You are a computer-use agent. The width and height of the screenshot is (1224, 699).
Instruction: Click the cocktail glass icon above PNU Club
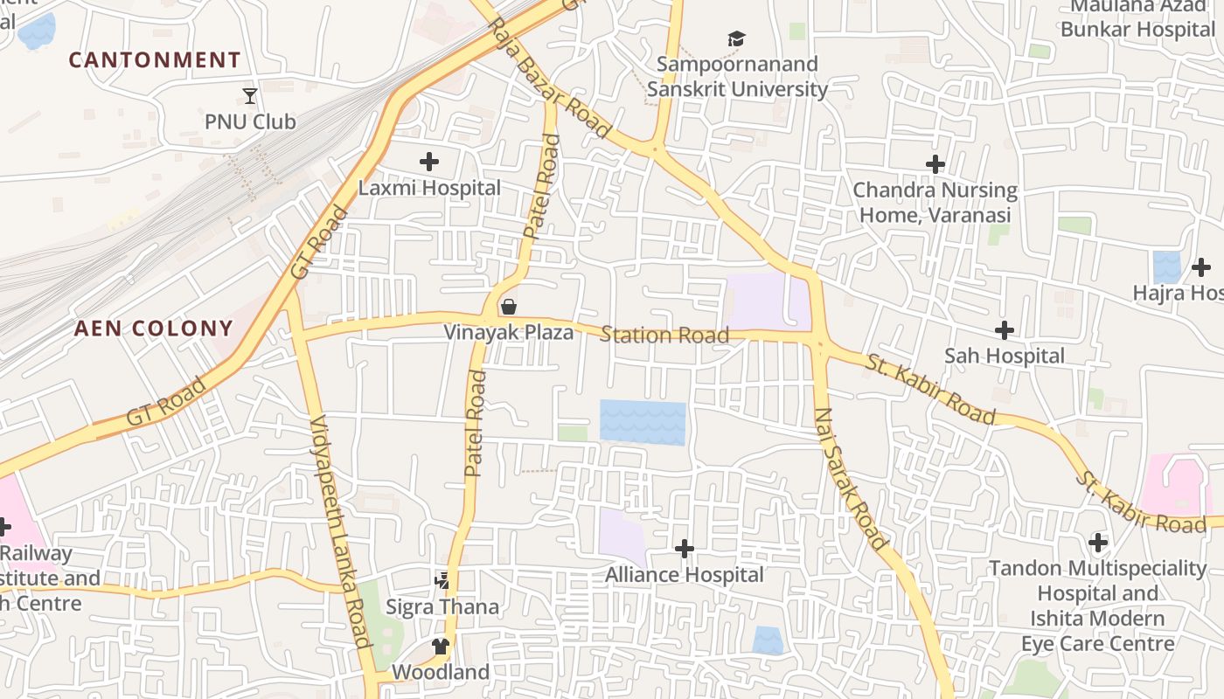coord(250,95)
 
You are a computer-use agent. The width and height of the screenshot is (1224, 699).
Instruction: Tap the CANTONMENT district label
coord(155,60)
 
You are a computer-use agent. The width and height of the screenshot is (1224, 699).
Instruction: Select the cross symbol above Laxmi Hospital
coord(429,162)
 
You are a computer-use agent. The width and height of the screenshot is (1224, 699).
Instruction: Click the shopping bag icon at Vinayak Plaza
coord(508,307)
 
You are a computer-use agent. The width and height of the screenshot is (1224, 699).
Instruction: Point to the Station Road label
coord(664,336)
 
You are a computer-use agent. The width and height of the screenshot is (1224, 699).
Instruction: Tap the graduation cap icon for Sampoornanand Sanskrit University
coord(737,38)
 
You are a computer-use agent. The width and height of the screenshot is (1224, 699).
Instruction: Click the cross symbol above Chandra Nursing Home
coord(935,164)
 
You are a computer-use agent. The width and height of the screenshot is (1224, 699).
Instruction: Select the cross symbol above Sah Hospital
coord(1005,330)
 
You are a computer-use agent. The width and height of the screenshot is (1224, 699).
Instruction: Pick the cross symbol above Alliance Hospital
coord(685,549)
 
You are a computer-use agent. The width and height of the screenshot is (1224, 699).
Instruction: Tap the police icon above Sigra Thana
coord(442,580)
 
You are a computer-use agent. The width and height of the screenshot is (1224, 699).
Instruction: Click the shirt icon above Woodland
coord(440,647)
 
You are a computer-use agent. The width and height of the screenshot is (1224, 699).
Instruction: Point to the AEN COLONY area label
coord(154,329)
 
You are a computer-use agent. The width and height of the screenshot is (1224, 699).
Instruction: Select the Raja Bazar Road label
coord(550,77)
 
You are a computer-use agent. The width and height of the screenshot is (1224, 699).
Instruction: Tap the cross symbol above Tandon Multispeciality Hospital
coord(1098,543)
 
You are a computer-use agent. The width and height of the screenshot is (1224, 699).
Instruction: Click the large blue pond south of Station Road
coord(643,423)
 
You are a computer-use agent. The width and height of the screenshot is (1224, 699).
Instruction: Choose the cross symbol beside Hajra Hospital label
coord(1201,267)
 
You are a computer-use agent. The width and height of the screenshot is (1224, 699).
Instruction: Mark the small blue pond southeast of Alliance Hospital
coord(768,640)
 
